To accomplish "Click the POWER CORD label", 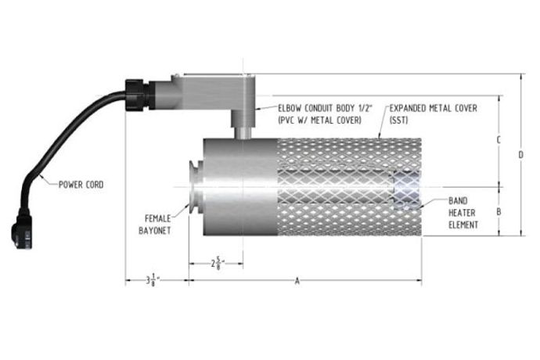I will coord(81,185).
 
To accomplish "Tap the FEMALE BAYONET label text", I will coord(157,225).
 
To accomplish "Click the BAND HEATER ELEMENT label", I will coord(462,212).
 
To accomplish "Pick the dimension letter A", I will coord(297,280).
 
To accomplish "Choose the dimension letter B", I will coord(499,211).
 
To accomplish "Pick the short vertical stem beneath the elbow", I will coord(242,124).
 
